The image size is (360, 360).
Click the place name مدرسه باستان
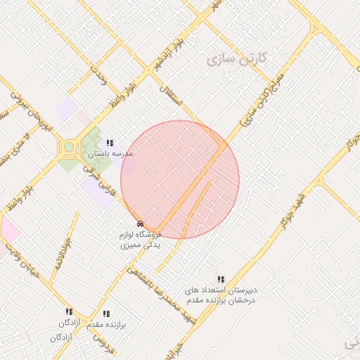click(110, 153)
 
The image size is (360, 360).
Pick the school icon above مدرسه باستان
click(110, 143)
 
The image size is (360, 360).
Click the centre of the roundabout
click(69, 148)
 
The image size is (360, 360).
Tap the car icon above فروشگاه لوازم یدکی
click(141, 224)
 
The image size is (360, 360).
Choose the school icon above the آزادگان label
click(69, 311)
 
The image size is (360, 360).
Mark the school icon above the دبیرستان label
click(221, 279)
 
